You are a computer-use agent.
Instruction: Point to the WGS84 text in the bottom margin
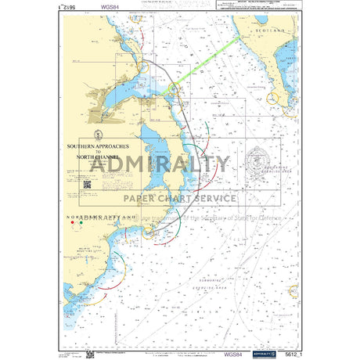pos(233,354)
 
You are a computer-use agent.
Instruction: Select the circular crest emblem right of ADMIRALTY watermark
pos(256,163)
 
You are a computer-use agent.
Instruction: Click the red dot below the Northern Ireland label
pos(74,222)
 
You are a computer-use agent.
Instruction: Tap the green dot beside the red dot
pos(81,222)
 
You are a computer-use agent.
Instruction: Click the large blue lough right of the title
pos(160,157)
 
